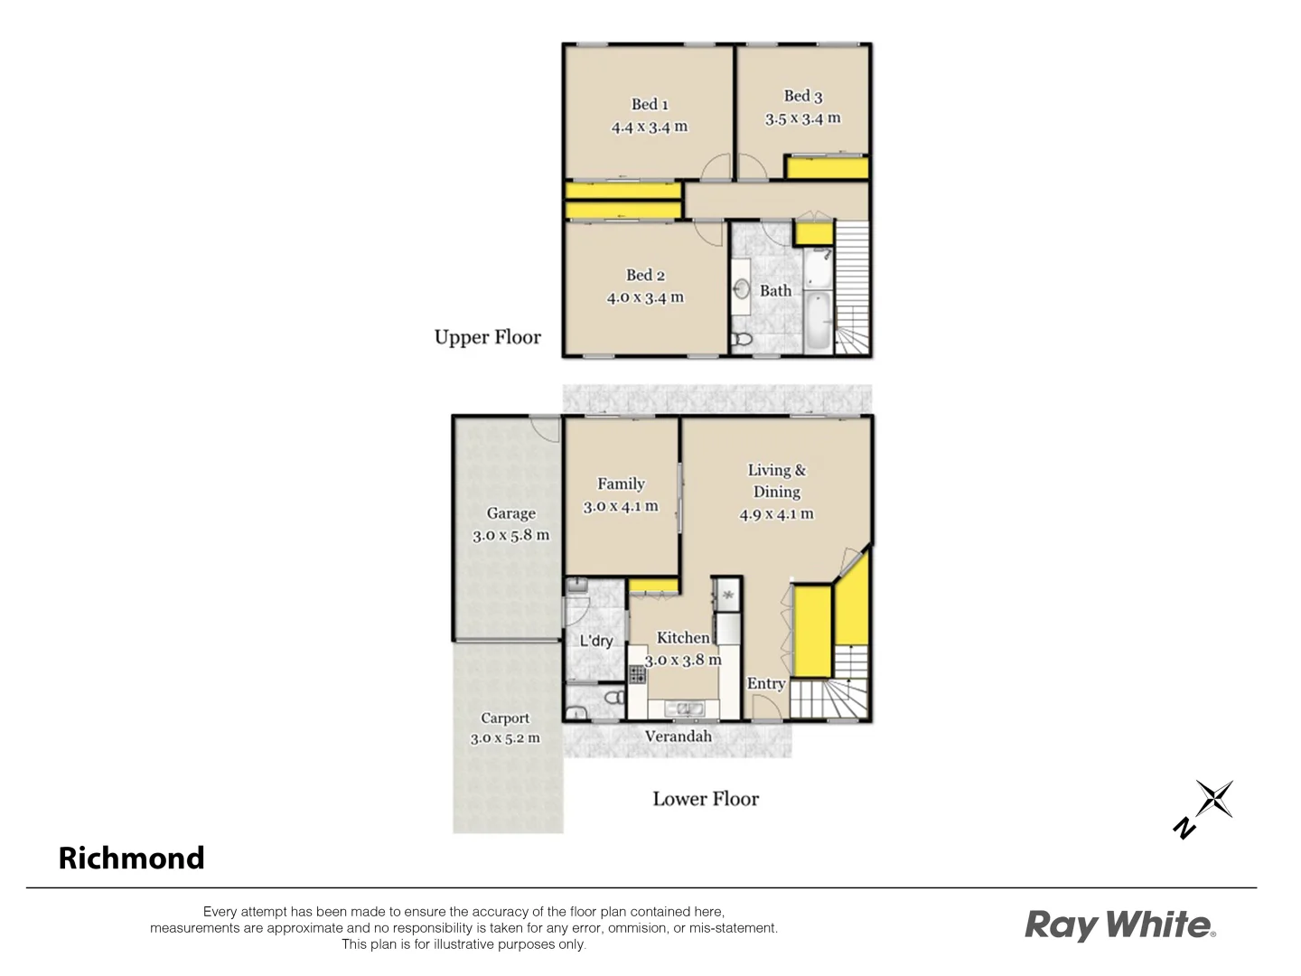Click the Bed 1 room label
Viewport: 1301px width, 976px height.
650,104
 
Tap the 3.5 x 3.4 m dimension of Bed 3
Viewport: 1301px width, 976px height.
802,118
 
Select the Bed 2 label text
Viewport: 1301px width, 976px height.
645,275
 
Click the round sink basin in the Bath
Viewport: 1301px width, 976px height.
741,289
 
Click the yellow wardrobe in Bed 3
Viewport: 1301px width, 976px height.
827,168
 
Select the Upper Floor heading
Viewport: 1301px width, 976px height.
487,337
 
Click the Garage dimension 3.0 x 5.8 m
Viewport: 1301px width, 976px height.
510,535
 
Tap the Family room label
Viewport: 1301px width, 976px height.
621,483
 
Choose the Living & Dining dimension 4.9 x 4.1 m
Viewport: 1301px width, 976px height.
776,514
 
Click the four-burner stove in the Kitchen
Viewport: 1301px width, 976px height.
638,673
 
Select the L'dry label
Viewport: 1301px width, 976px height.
595,641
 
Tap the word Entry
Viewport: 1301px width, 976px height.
765,683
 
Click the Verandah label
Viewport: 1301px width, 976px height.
678,736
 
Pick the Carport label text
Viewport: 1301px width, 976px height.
504,718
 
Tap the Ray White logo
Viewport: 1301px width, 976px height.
1119,925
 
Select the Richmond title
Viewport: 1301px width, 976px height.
131,858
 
